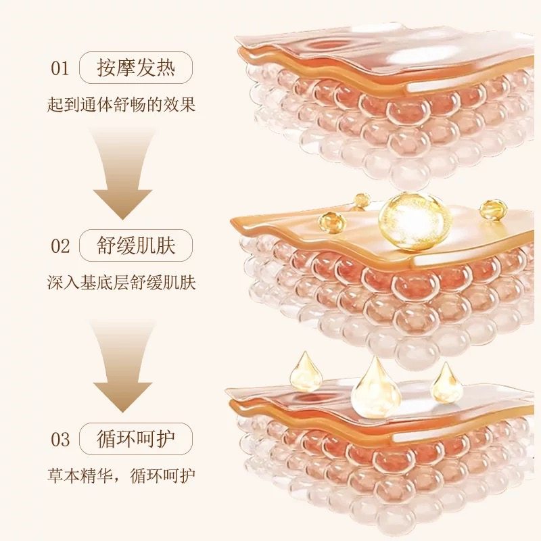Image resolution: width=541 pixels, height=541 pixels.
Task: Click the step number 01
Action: pos(60,68)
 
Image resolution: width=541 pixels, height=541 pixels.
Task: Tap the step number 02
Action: pos(60,245)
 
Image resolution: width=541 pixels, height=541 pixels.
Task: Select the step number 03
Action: pos(60,439)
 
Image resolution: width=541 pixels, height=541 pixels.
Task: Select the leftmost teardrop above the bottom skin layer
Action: pos(306,371)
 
